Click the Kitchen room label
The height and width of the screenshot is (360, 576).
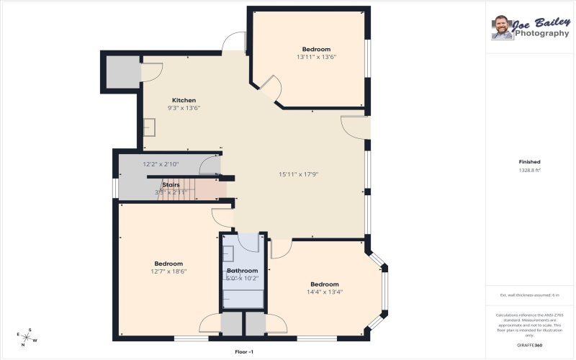184,100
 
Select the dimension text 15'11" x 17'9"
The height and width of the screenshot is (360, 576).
298,174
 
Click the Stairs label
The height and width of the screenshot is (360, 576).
171,185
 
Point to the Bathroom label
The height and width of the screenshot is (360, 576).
242,271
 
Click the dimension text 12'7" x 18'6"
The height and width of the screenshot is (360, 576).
168,271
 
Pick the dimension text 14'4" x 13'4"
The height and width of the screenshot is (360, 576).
324,292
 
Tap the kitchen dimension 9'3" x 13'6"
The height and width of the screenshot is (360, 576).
184,108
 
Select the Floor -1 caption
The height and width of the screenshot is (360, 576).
244,351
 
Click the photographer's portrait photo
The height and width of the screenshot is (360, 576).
502,27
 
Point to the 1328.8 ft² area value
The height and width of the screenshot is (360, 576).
529,171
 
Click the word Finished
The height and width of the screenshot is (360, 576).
529,162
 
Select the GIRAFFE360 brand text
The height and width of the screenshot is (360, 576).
529,346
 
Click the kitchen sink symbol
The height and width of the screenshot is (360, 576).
150,127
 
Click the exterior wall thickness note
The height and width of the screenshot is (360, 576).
529,295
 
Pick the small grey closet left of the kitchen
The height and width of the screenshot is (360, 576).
122,70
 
